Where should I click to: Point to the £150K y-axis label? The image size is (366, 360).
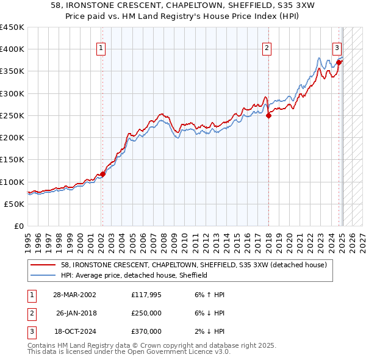pos(12,160)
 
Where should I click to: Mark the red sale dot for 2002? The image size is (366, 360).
pos(102,174)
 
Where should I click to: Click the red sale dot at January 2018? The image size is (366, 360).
pos(268,116)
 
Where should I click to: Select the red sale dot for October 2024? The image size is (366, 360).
pos(339,62)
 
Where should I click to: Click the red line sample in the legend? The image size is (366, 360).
pos(43,265)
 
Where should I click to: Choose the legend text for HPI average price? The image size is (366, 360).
pos(134,275)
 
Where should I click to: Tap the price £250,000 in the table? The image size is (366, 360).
pos(146,313)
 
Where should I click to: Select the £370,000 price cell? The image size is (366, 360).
pos(146,331)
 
